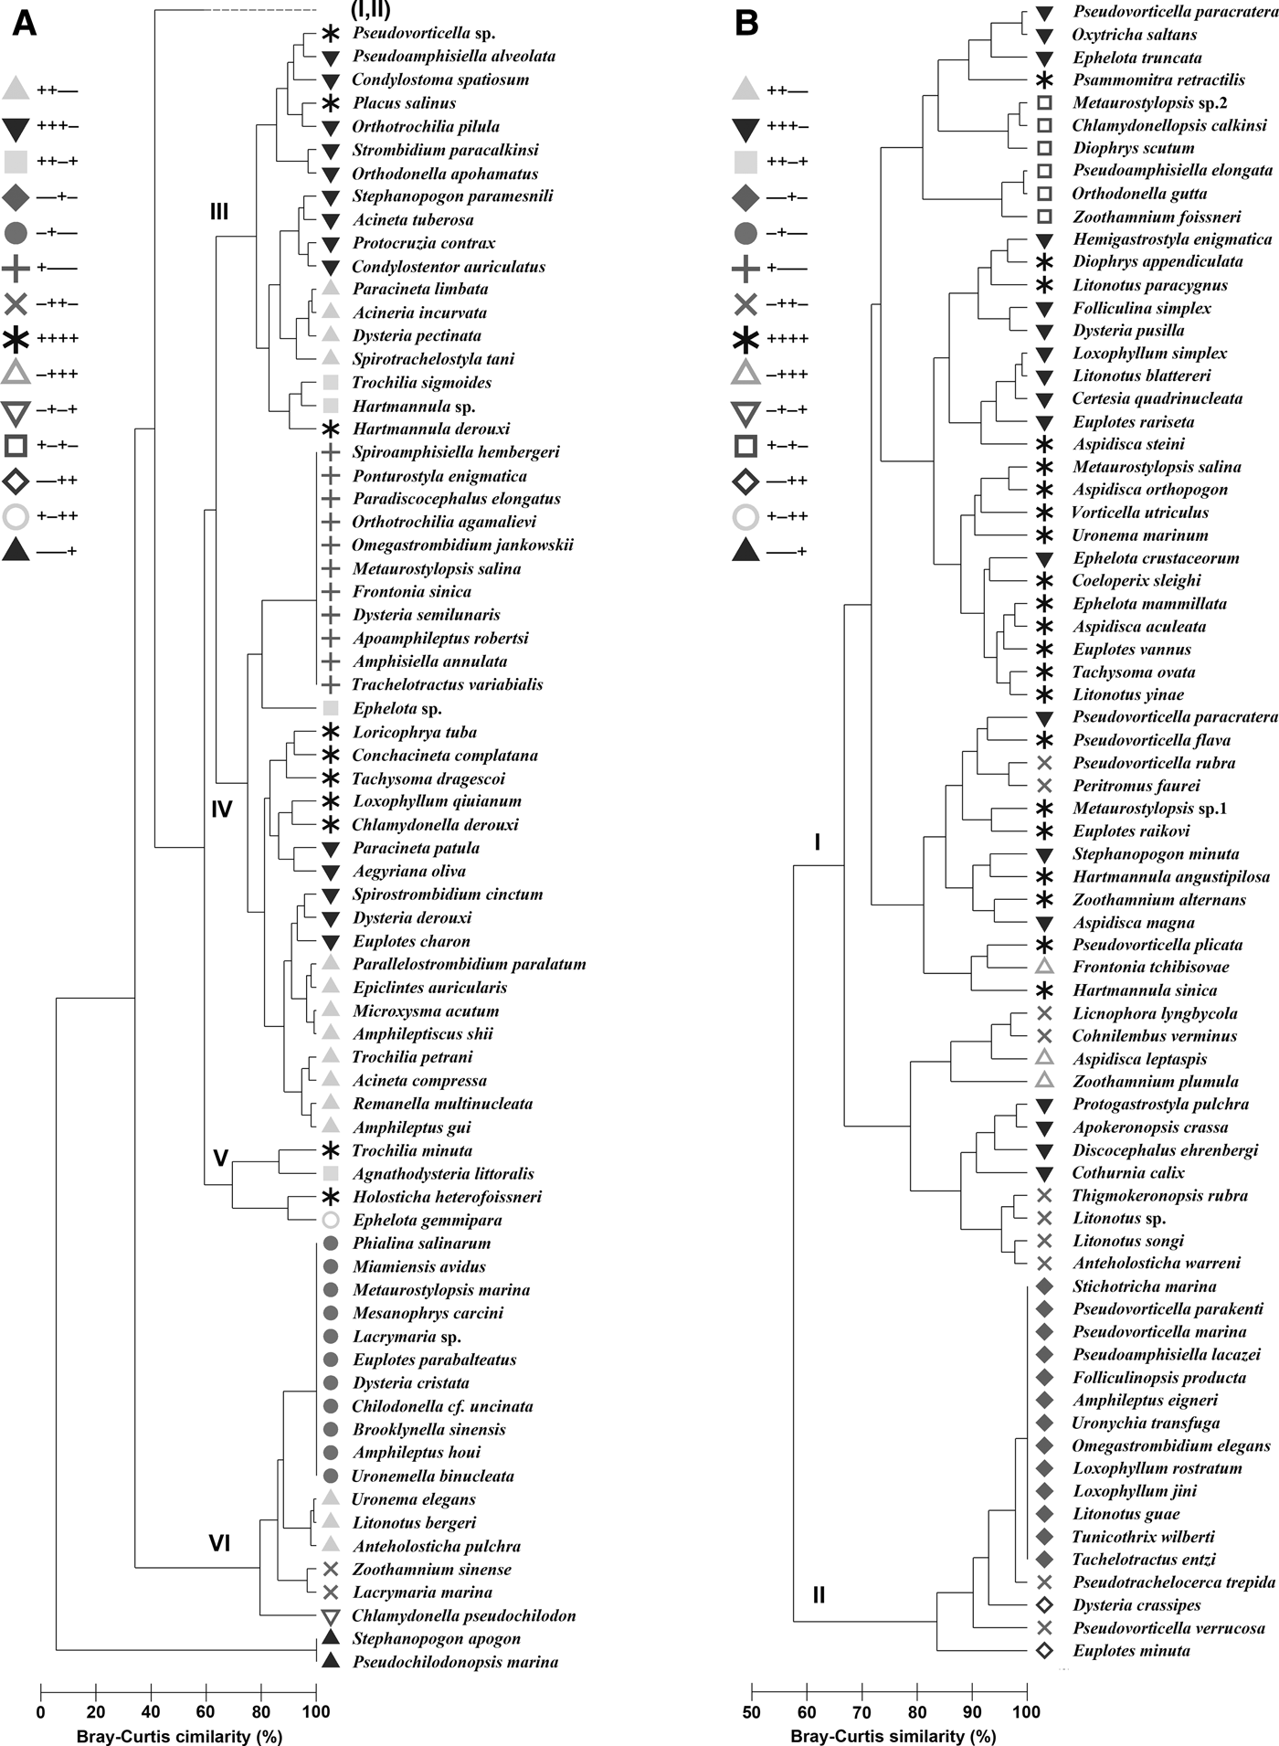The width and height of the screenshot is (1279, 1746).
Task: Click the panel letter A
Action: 25,23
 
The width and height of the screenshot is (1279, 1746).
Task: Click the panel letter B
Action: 746,23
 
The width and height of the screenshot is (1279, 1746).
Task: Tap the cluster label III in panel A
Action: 219,212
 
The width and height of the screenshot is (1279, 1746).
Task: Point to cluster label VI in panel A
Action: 219,1543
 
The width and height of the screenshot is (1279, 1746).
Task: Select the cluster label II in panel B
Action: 819,1594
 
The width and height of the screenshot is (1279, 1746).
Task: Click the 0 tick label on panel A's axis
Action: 41,1712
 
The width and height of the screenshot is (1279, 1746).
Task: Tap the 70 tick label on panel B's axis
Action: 861,1711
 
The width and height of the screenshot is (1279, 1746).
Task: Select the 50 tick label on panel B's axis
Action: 752,1711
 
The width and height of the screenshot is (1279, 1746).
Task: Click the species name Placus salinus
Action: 404,103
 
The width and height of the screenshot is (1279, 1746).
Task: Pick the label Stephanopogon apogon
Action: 437,1639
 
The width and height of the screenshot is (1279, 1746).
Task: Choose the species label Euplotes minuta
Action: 1131,1650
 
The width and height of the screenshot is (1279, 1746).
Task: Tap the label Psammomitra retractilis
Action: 1158,79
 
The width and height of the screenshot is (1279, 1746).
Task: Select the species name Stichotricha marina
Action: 1144,1286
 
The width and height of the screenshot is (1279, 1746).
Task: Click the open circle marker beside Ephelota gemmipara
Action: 331,1220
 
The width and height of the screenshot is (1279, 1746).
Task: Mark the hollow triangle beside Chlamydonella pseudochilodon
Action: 331,1616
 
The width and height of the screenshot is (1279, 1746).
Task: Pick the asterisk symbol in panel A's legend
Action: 16,339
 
